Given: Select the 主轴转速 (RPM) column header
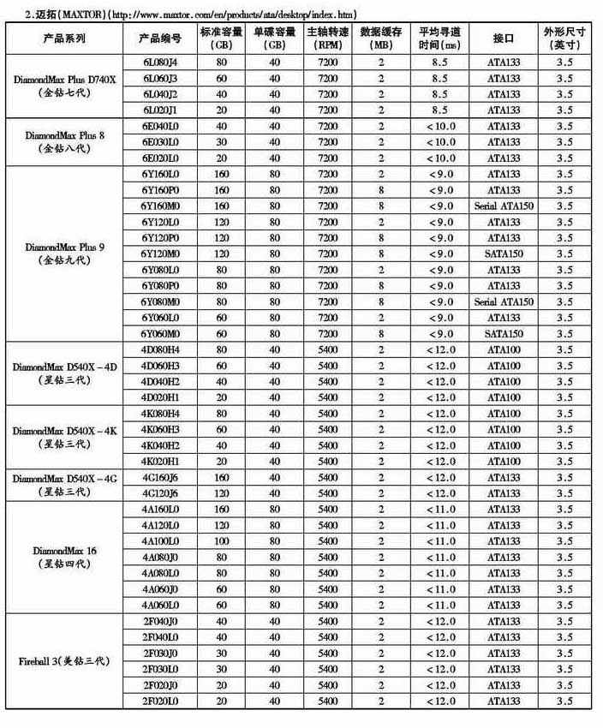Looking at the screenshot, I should coord(327,39).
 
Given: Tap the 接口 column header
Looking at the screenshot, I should coord(503,39).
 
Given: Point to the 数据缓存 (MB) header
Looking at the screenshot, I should coord(381,39).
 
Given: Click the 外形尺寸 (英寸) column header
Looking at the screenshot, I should coord(564,39).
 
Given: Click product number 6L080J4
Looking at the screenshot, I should coord(160,62).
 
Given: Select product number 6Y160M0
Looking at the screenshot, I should coord(160,206).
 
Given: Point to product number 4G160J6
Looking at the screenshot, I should coord(160,477).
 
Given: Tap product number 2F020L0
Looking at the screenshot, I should coord(160,701).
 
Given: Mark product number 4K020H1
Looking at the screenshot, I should coord(160,462).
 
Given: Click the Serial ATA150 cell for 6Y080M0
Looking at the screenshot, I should coord(503,301).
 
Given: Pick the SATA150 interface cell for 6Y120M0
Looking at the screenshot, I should coord(503,254).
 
